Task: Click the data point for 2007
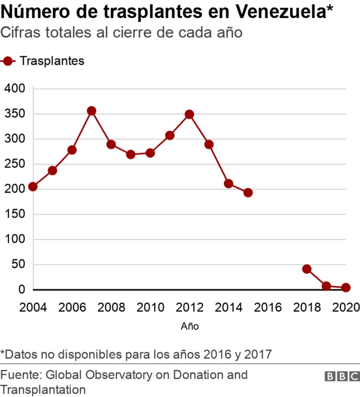(92, 111)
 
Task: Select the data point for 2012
(190, 114)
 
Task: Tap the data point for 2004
(33, 186)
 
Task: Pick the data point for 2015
(248, 193)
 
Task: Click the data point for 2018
(307, 269)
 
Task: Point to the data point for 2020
(346, 288)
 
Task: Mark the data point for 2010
(150, 153)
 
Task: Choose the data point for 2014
(228, 184)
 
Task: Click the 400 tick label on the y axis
(15, 88)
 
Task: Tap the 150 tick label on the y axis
(15, 214)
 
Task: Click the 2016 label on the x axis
(268, 307)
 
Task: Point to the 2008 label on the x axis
(111, 307)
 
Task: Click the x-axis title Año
(190, 326)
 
